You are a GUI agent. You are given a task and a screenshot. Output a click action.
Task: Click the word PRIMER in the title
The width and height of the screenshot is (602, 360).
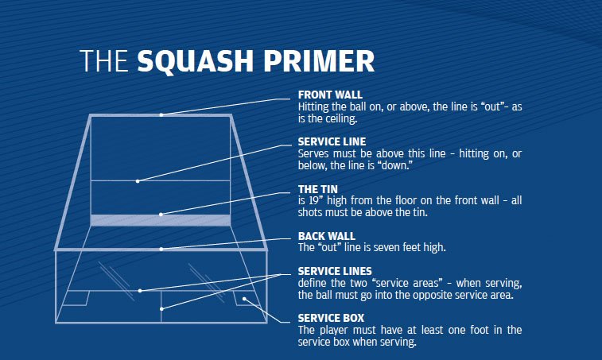[x=315, y=61]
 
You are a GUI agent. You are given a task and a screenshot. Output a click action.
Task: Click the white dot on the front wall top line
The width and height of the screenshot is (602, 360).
[x=161, y=115]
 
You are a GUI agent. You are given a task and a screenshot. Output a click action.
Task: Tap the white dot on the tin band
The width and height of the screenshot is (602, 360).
[x=161, y=214]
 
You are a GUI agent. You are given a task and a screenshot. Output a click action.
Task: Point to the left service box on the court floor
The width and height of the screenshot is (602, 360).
[x=77, y=298]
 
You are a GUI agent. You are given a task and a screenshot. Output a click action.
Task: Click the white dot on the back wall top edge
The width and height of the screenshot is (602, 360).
[x=161, y=249]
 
